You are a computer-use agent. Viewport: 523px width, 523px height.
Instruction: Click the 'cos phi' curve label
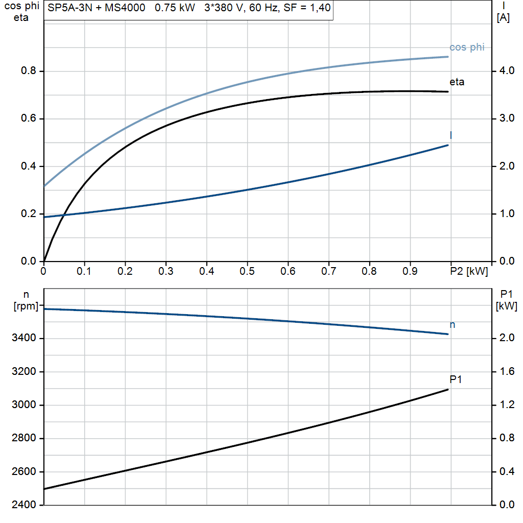pyautogui.click(x=466, y=47)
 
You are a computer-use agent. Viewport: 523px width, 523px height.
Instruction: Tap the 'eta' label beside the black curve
pyautogui.click(x=457, y=82)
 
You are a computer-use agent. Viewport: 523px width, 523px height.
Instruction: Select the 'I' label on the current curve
pyautogui.click(x=451, y=135)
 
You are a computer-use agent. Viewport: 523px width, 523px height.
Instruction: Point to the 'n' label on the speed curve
pyautogui.click(x=453, y=325)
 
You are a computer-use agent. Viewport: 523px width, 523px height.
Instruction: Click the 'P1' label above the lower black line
pyautogui.click(x=456, y=379)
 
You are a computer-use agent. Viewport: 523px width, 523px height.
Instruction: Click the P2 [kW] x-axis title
pyautogui.click(x=469, y=272)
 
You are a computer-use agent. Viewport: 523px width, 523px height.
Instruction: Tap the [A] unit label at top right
pyautogui.click(x=503, y=18)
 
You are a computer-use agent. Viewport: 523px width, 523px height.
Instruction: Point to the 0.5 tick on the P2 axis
pyautogui.click(x=247, y=272)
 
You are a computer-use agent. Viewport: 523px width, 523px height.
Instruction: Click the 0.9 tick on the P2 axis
pyautogui.click(x=410, y=272)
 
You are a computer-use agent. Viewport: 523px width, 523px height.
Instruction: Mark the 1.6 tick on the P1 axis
pyautogui.click(x=506, y=371)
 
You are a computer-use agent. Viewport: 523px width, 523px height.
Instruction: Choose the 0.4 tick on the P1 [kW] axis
pyautogui.click(x=506, y=471)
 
